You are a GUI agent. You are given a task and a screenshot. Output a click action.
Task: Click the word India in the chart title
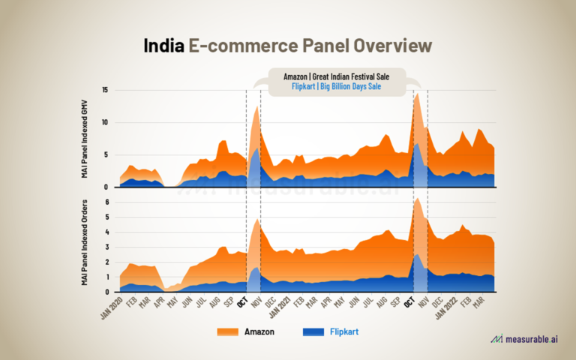coord(164,46)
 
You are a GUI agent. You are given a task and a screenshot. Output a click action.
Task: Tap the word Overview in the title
coord(391,46)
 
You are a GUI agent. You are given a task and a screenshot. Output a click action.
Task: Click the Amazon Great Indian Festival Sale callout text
coord(337,76)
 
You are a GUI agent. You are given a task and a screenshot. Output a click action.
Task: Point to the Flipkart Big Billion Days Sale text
coord(337,87)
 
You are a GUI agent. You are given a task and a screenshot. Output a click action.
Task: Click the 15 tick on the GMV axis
coord(105,91)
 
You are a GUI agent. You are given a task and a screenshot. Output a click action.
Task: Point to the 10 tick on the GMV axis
coord(105,123)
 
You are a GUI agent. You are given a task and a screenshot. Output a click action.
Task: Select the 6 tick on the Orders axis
coord(106,202)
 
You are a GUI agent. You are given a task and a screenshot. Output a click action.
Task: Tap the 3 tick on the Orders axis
coord(106,247)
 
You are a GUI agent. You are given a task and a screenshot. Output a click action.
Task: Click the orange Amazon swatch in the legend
coord(227,331)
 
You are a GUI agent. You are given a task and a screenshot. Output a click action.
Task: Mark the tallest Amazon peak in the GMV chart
coord(417,94)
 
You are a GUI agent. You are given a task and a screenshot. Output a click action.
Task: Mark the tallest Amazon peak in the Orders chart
coord(417,198)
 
